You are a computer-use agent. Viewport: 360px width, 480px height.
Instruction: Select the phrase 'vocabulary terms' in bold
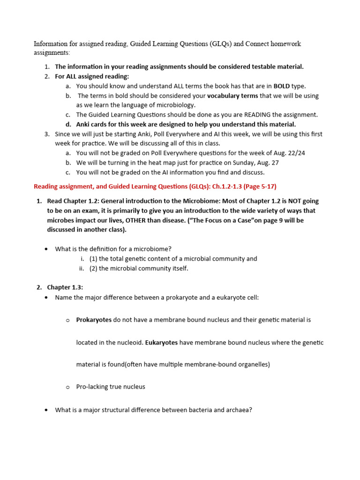[x=232, y=96]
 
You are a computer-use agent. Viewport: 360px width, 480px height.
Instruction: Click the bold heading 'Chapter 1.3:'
[x=64, y=287]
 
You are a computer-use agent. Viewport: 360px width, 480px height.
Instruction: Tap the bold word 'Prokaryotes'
[x=94, y=320]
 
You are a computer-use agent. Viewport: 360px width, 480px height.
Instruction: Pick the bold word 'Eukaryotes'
[x=161, y=343]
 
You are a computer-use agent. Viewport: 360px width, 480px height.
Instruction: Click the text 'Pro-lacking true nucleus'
[x=111, y=387]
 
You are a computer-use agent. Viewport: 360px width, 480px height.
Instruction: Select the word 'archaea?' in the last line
[x=239, y=410]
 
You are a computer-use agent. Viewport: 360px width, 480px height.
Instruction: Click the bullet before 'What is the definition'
[x=46, y=249]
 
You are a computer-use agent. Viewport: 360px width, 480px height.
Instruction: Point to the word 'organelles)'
[x=253, y=364]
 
